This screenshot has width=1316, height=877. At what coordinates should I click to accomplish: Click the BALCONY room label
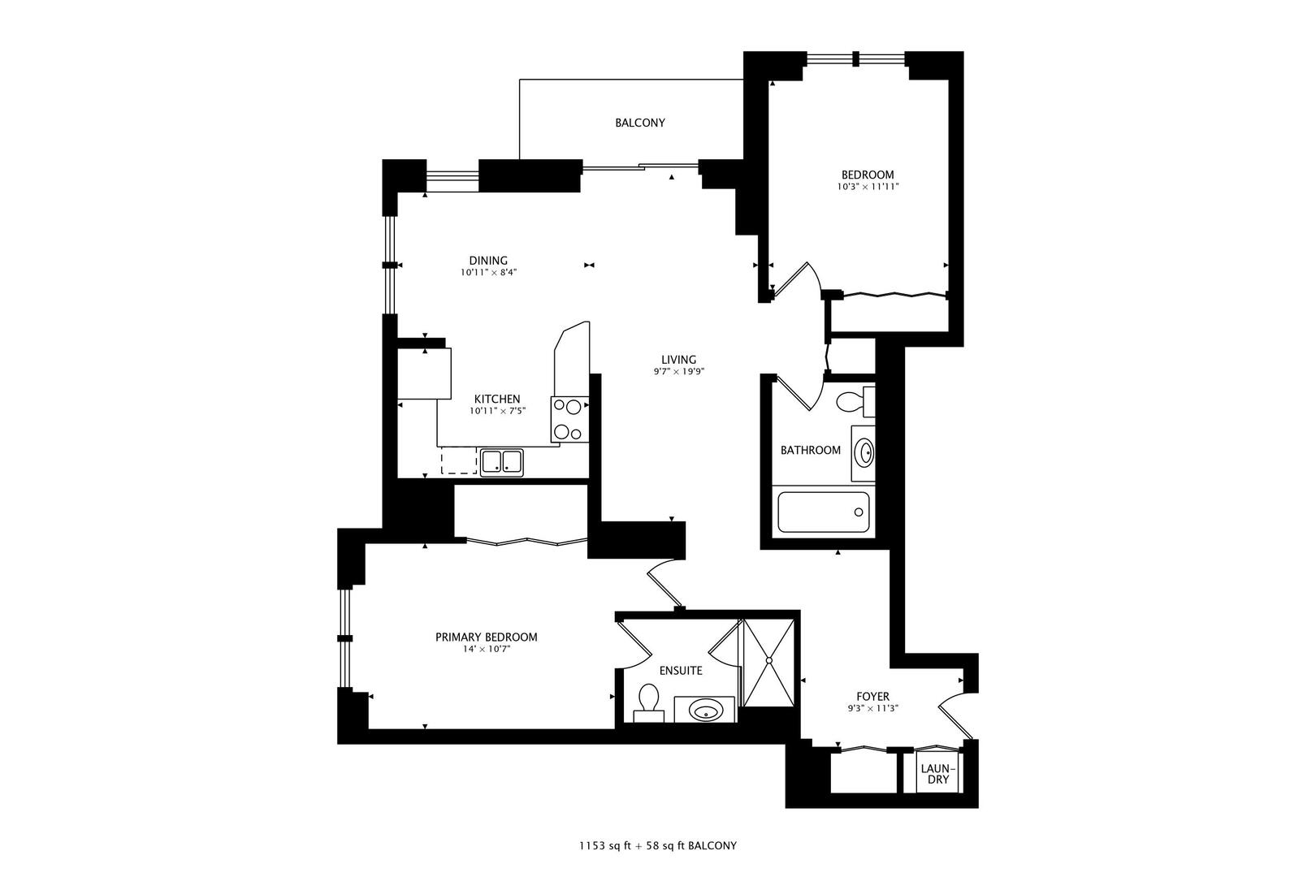(639, 123)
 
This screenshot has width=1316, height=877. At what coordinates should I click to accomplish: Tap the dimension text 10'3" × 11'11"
(868, 187)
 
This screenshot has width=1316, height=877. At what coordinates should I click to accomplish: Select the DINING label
(487, 261)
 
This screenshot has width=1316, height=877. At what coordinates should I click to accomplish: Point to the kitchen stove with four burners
(569, 419)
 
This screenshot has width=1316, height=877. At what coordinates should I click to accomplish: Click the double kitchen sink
(501, 461)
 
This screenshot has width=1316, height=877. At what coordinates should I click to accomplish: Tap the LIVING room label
(678, 360)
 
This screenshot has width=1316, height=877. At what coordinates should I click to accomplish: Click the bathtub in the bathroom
(823, 512)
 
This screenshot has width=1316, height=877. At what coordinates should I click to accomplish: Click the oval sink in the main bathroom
(864, 452)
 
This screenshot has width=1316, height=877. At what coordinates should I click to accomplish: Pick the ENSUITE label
(681, 671)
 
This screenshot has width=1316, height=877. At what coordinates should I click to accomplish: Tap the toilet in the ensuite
(648, 701)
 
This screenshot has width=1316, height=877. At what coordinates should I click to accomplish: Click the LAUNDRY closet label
(938, 774)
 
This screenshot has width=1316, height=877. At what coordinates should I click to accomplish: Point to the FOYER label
(872, 696)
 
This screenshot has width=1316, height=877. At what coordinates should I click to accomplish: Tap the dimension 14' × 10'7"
(486, 649)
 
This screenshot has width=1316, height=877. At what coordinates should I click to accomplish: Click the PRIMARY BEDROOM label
(486, 637)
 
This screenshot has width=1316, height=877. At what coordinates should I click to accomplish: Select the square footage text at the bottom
(657, 845)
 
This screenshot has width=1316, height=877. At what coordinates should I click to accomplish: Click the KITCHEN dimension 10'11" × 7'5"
(497, 411)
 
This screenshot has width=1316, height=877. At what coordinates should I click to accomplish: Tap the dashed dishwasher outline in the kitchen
(459, 460)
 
